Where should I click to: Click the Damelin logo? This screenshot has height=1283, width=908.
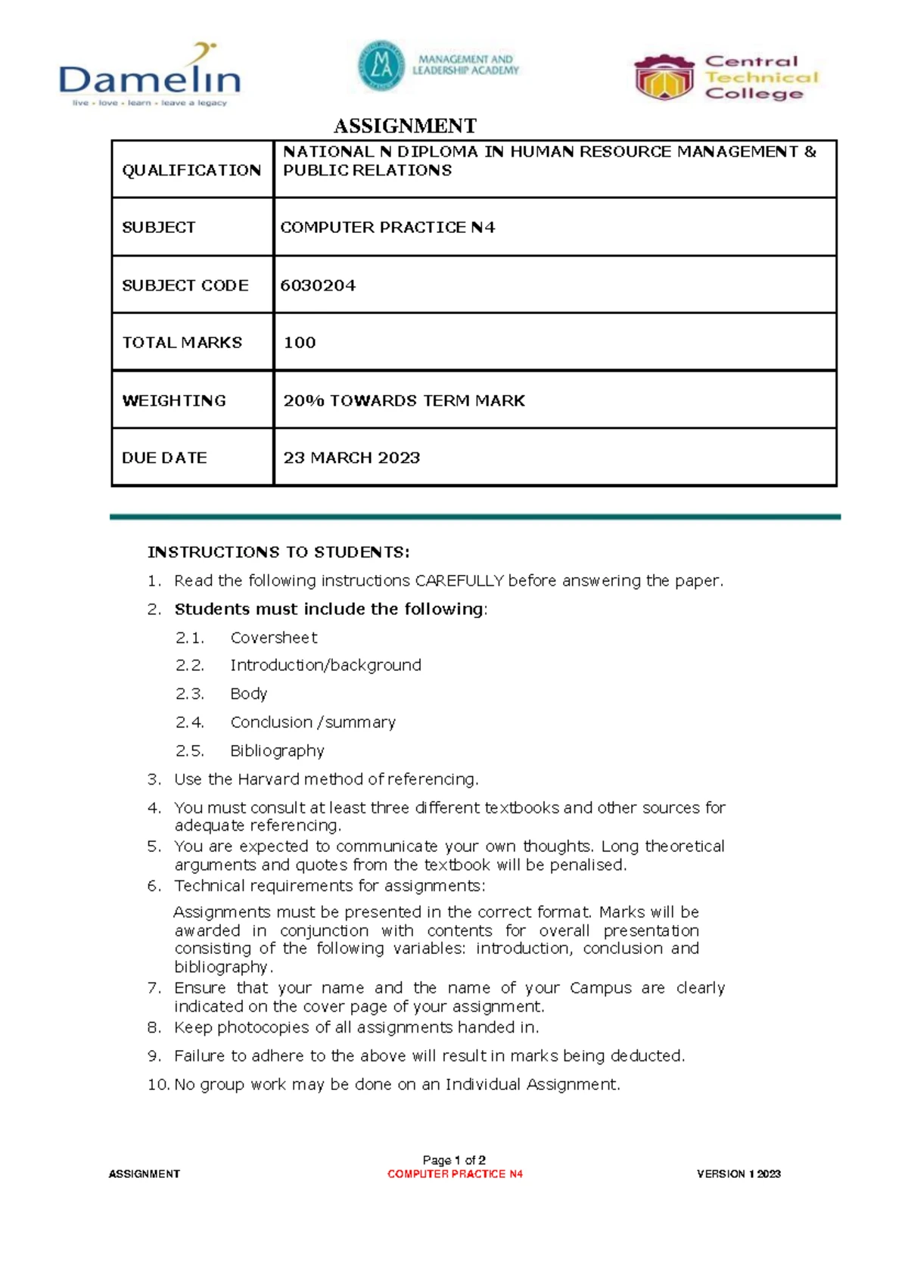click(x=149, y=76)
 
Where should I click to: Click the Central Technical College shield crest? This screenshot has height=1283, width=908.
click(x=664, y=78)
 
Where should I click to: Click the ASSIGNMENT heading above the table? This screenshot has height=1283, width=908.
click(x=405, y=126)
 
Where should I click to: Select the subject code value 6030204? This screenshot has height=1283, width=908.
click(x=318, y=285)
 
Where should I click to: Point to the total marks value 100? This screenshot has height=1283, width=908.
click(x=300, y=343)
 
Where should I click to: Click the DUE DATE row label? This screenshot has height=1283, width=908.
click(x=164, y=458)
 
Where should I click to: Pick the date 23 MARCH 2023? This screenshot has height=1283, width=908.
click(x=351, y=458)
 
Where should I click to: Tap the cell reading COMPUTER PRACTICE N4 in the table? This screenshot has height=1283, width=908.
click(x=387, y=228)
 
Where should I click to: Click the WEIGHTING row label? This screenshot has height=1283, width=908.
click(x=174, y=400)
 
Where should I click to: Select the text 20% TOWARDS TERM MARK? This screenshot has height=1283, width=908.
click(x=403, y=400)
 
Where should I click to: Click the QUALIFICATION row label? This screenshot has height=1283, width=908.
click(x=191, y=170)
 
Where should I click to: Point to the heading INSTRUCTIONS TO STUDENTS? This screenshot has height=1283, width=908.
click(x=278, y=552)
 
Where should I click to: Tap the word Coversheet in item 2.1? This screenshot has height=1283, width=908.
click(x=274, y=638)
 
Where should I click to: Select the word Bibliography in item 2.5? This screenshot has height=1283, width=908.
click(x=277, y=751)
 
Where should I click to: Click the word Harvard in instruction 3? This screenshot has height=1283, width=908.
click(x=269, y=779)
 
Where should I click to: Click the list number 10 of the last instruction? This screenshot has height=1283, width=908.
click(x=157, y=1085)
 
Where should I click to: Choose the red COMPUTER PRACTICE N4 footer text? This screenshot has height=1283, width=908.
click(x=455, y=1174)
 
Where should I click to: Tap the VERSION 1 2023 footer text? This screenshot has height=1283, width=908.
click(x=739, y=1174)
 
